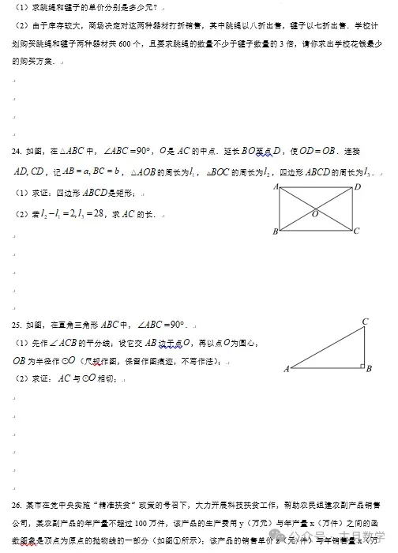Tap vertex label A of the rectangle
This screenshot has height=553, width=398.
tap(276, 187)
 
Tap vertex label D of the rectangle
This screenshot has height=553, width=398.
tap(358, 187)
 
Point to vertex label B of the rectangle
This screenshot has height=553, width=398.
tap(275, 231)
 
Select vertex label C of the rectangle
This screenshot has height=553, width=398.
tap(358, 231)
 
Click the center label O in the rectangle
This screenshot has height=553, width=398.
tap(314, 214)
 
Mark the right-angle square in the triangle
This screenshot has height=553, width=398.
tap(360, 365)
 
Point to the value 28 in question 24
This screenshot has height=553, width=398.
tap(98, 213)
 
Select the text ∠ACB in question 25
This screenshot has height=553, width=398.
tap(65, 343)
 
